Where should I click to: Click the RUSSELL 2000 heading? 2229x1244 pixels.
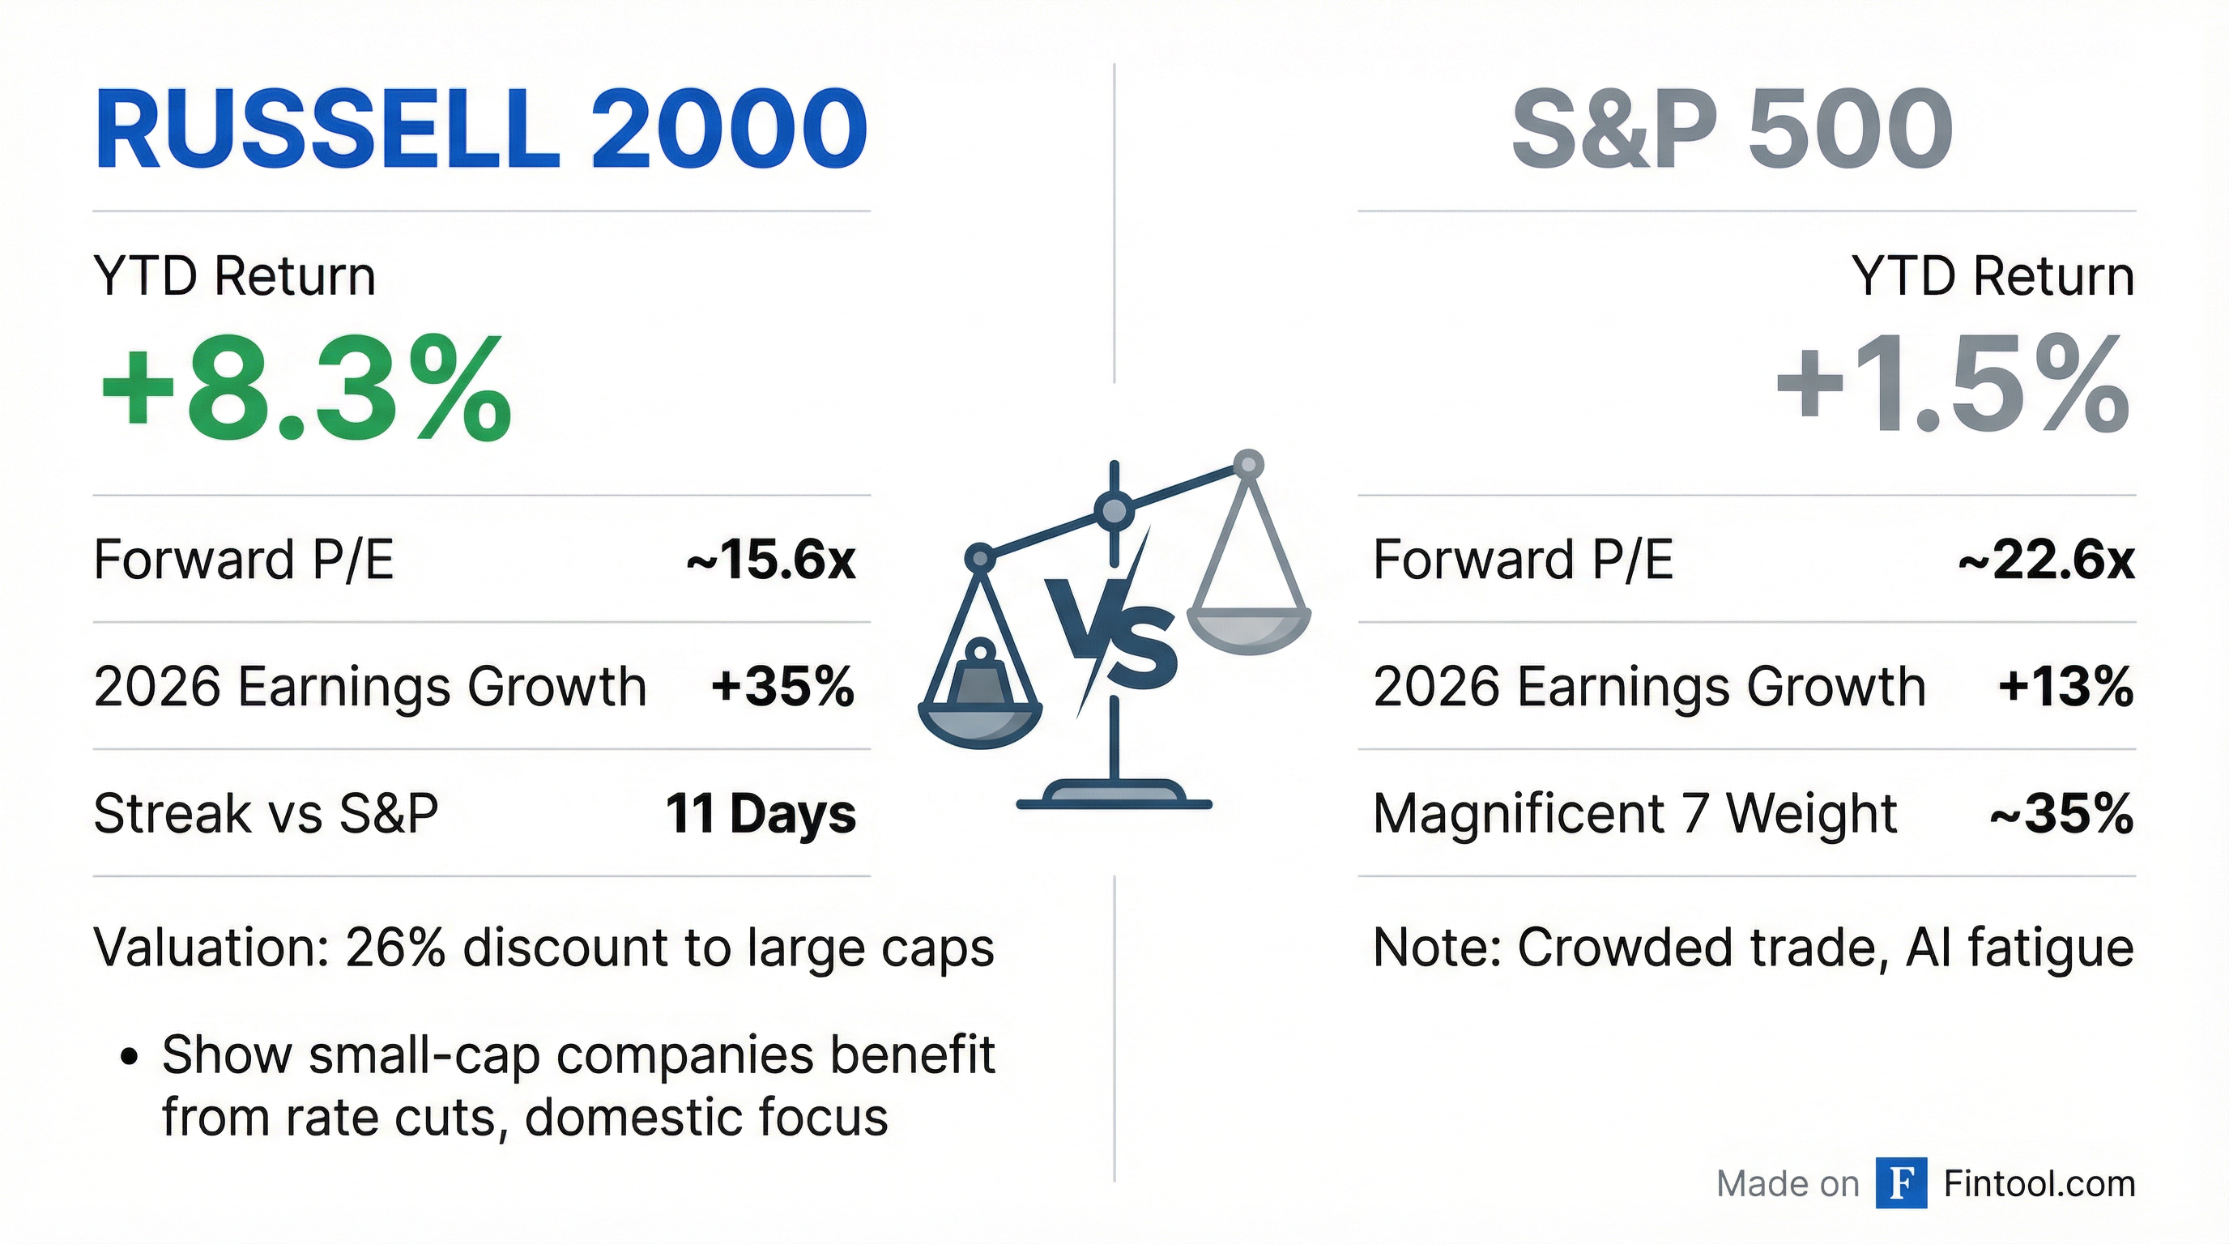click(x=480, y=130)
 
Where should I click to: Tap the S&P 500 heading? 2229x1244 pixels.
click(x=1731, y=130)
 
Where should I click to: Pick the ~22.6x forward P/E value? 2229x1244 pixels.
click(x=2046, y=560)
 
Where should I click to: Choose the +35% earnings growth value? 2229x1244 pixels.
click(x=782, y=687)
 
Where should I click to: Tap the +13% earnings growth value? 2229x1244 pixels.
click(x=2065, y=687)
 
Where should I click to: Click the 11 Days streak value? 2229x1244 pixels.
click(x=760, y=814)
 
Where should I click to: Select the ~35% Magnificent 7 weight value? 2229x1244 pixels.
click(x=2061, y=814)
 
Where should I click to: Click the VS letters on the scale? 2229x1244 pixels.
click(x=1112, y=636)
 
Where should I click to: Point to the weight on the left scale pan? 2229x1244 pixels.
click(x=980, y=675)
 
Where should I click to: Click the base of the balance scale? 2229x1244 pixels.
click(x=1114, y=795)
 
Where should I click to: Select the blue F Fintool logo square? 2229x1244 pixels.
click(x=1901, y=1182)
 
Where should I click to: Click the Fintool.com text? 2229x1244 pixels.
click(x=2039, y=1183)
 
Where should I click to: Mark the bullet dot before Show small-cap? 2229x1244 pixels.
click(x=129, y=1056)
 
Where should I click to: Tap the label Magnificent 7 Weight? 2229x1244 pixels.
click(x=1634, y=814)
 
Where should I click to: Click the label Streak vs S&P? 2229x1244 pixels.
click(x=266, y=814)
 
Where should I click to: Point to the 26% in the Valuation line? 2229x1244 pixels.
click(x=394, y=948)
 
